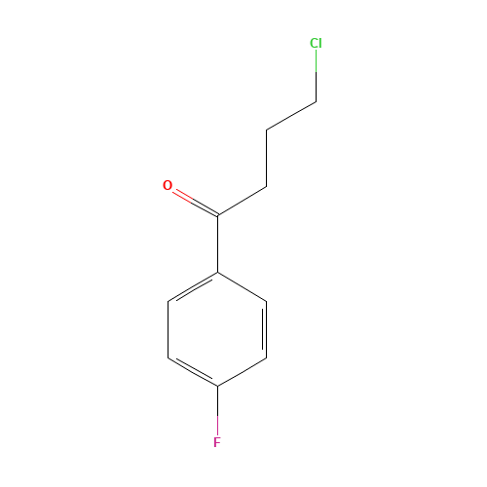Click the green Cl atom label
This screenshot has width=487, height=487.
pyautogui.click(x=316, y=43)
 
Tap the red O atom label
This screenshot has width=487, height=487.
pyautogui.click(x=168, y=185)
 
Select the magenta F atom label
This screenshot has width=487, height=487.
pyautogui.click(x=217, y=442)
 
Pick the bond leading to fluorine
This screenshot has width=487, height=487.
pyautogui.click(x=217, y=411)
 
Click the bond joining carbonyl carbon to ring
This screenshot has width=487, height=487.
pyautogui.click(x=217, y=243)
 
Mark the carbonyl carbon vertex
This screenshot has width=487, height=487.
pyautogui.click(x=217, y=215)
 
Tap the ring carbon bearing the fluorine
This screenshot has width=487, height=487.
pyautogui.click(x=217, y=387)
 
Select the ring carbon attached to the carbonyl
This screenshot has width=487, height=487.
pyautogui.click(x=217, y=273)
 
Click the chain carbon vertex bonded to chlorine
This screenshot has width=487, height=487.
pyautogui.click(x=317, y=102)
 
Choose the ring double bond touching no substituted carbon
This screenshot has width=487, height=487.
pyautogui.click(x=265, y=329)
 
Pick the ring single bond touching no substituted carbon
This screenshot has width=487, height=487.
pyautogui.click(x=169, y=329)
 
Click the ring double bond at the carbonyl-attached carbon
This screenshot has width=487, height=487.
pyautogui.click(x=193, y=287)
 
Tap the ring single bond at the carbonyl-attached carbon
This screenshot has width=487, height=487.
pyautogui.click(x=243, y=286)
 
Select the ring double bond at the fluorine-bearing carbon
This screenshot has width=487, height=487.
pyautogui.click(x=193, y=372)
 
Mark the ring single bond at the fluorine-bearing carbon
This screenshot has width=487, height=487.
pyautogui.click(x=243, y=372)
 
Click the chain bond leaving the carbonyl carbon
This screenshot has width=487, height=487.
pyautogui.click(x=243, y=201)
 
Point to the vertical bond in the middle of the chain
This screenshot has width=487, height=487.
pyautogui.click(x=267, y=159)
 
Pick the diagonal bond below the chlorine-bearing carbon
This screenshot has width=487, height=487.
pyautogui.click(x=291, y=116)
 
